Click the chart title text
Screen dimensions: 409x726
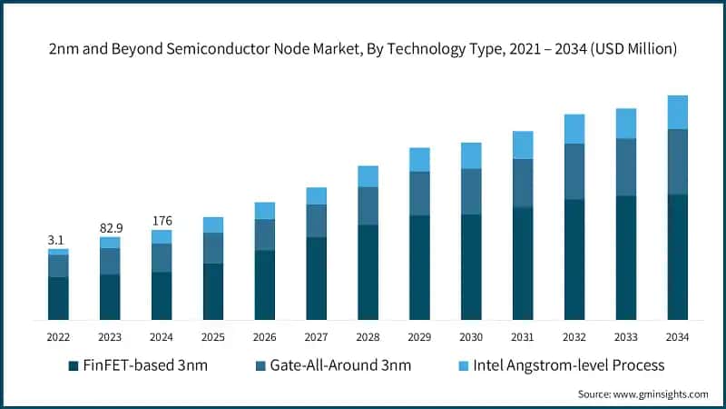pos(363,49)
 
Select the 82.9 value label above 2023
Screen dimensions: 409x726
pos(110,224)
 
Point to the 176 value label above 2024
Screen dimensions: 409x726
pos(162,220)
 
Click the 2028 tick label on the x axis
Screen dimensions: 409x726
pos(368,337)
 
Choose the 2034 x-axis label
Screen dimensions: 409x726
pos(677,337)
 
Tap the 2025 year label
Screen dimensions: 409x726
pos(213,337)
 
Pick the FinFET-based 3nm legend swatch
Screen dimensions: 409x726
pos(73,366)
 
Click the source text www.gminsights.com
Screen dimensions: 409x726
pos(643,394)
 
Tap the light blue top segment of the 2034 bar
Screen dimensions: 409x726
pos(677,112)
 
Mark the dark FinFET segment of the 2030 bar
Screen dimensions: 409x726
pos(471,267)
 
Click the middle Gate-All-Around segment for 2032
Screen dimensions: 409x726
pos(574,172)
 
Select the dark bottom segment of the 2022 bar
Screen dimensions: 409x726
pos(58,298)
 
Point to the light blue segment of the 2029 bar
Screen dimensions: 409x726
pos(419,159)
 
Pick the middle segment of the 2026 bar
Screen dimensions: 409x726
pos(264,234)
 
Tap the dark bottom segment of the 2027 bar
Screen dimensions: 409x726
pos(316,278)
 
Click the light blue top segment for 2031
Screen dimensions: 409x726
pos(523,145)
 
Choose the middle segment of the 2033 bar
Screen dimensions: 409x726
pos(626,166)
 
